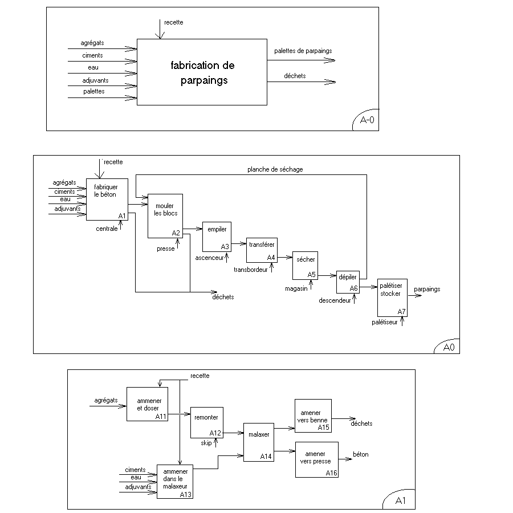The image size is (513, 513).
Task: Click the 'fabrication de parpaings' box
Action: (202, 72)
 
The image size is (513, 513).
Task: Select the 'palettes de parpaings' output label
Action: (303, 51)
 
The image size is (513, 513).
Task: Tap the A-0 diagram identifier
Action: (367, 120)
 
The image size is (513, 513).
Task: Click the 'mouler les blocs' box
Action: (165, 216)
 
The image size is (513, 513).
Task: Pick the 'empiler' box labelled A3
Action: (217, 237)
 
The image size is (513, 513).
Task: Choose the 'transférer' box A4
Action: (262, 250)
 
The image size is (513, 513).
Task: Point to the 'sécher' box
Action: (306, 266)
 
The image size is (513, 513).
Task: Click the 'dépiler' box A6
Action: (348, 282)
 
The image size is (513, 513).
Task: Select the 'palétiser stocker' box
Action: (392, 298)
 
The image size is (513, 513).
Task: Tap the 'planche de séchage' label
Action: (275, 169)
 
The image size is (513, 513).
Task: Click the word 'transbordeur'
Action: (251, 270)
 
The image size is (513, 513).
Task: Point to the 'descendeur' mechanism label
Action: (335, 300)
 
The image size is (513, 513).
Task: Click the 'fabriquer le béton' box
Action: (107, 199)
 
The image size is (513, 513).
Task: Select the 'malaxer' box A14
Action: (259, 442)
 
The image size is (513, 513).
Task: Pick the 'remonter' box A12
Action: (207, 423)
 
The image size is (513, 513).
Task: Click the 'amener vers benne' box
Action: (313, 416)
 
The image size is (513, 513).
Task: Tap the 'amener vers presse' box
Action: (317, 459)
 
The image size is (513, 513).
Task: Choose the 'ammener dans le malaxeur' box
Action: (175, 482)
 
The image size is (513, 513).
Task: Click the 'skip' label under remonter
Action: (206, 443)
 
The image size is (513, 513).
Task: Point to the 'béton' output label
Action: (361, 454)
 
